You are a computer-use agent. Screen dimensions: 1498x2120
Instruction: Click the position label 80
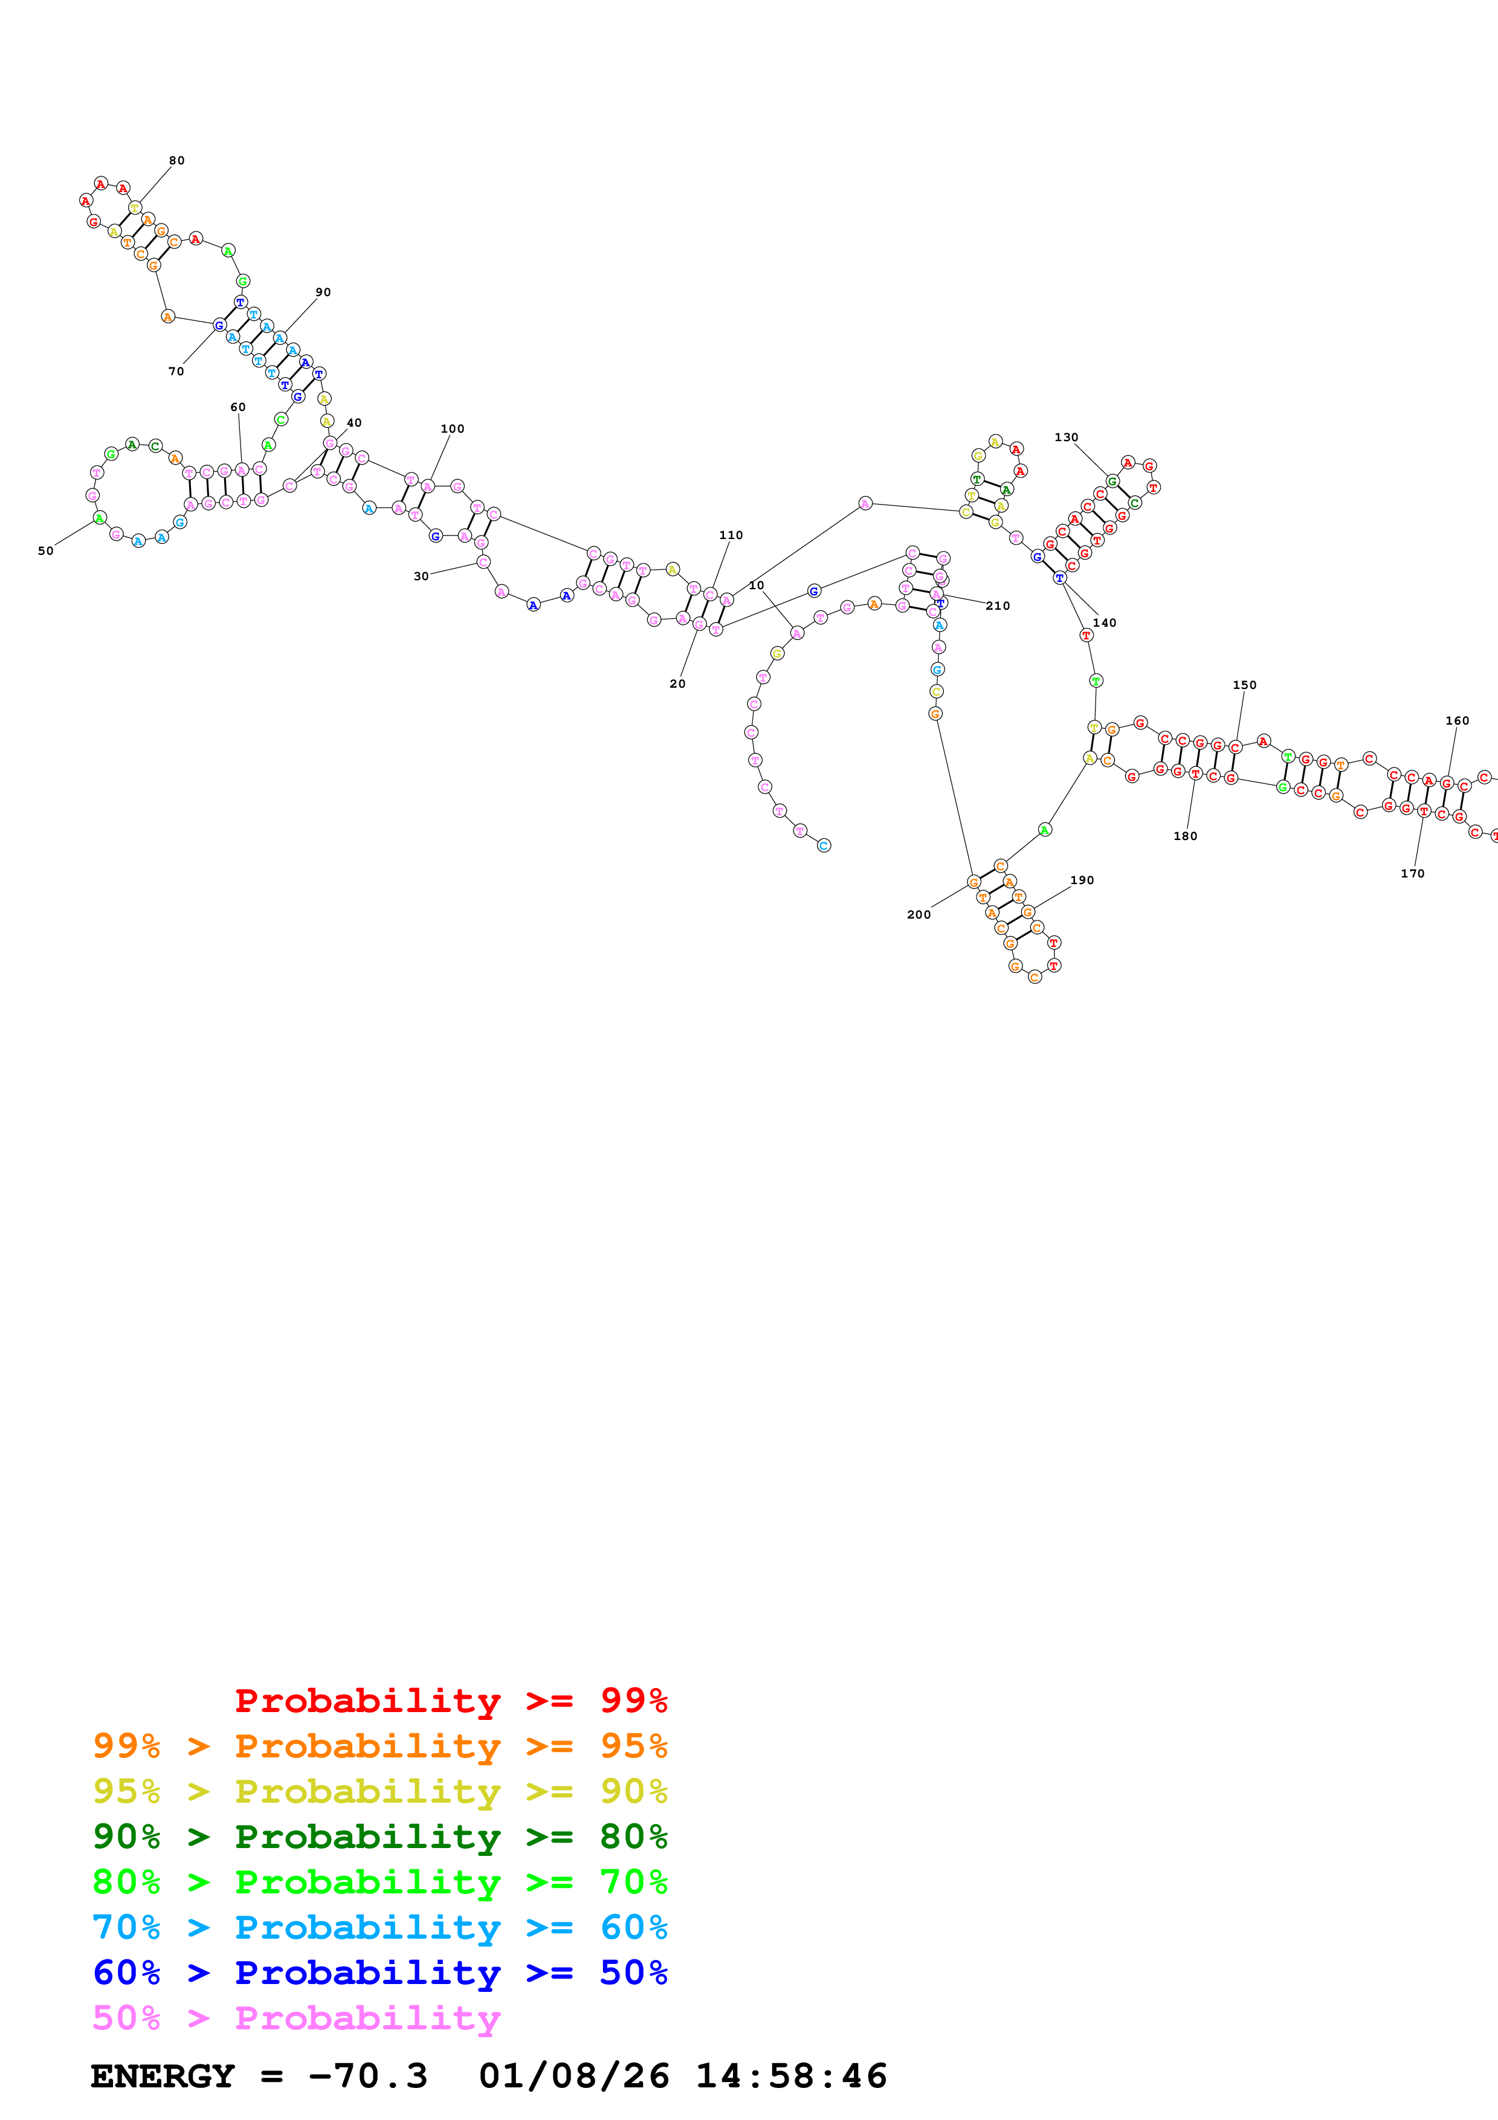176,161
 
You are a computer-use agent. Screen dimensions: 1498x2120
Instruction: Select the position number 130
1066,438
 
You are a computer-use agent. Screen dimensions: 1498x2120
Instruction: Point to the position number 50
45,551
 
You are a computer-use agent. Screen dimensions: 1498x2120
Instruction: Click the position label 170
1412,873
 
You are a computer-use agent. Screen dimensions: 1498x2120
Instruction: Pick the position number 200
918,915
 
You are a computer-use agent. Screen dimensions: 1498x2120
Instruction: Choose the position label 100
452,429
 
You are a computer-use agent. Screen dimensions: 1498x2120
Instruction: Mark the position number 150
1244,685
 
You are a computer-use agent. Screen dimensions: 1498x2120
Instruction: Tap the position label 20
677,684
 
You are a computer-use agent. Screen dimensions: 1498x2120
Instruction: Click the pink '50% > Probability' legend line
296,2018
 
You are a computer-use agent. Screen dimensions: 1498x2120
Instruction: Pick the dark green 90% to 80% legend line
379,1837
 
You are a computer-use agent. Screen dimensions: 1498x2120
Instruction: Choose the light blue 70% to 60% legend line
379,1928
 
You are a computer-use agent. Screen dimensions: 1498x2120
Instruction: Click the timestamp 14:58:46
791,2076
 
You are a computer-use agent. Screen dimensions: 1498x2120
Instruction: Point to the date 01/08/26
573,2076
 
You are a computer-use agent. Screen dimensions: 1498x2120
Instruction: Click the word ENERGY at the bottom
163,2076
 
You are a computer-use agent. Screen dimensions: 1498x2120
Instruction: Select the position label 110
731,535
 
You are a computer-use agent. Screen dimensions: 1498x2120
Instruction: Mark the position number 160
1456,721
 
